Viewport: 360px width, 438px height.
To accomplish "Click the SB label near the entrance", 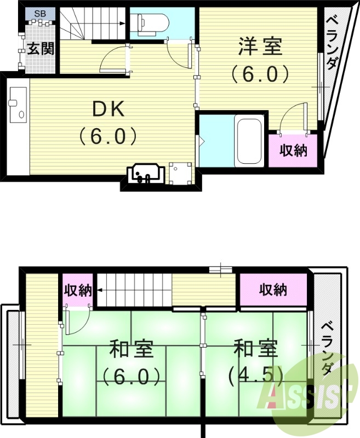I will point(40,13).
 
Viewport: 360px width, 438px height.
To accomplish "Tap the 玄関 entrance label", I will point(41,49).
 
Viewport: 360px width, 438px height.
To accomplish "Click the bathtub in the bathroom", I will point(249,141).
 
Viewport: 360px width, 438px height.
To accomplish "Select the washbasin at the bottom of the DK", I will point(144,174).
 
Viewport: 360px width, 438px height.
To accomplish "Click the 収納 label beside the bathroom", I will point(293,150).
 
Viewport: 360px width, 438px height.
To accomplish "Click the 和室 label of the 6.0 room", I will point(130,349).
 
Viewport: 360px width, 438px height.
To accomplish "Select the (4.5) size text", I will point(255,375).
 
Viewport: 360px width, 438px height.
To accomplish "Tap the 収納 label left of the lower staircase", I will point(77,290).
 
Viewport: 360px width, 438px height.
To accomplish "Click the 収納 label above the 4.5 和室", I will point(273,290).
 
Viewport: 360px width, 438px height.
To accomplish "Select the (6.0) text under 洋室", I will point(259,73).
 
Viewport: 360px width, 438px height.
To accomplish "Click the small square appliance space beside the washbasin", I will point(180,174).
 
